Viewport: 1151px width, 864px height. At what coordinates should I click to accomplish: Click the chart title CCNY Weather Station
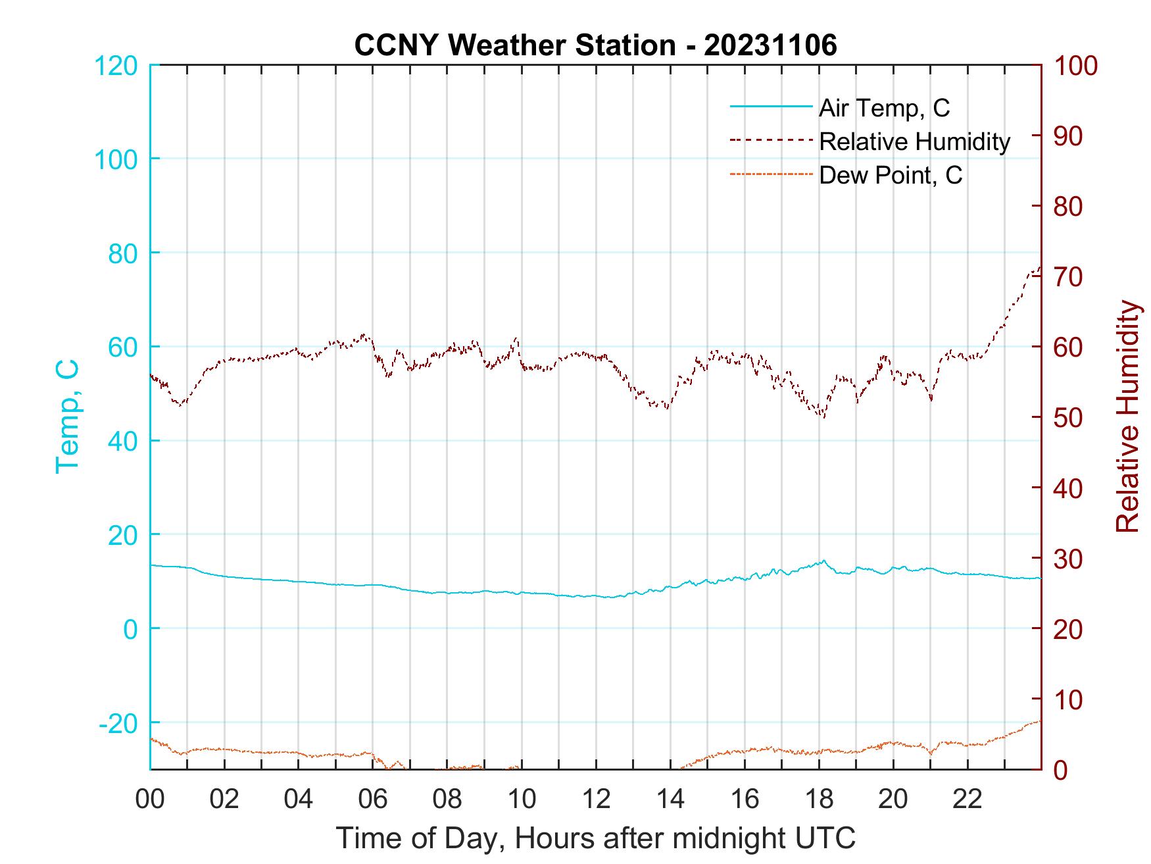[595, 45]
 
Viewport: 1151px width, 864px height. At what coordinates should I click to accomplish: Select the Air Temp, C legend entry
[883, 108]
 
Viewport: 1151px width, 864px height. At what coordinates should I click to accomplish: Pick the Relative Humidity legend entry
[914, 141]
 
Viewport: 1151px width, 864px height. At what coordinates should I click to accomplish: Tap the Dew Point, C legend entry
[890, 175]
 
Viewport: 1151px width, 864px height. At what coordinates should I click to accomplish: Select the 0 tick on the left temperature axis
[130, 629]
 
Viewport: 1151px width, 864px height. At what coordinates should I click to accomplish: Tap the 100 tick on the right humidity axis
[1076, 66]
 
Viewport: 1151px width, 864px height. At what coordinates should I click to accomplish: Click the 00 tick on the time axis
[150, 800]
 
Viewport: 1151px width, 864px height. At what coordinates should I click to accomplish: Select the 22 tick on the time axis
[967, 800]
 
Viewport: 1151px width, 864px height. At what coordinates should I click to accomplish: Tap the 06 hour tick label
[373, 800]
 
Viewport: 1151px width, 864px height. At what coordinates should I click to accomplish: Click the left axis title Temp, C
[67, 417]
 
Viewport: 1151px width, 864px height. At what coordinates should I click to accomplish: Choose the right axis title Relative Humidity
[1127, 417]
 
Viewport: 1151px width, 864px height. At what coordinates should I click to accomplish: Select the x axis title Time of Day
[596, 838]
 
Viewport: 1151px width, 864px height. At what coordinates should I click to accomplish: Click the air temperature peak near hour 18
[823, 561]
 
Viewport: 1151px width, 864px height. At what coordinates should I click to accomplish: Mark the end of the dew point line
[1040, 721]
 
